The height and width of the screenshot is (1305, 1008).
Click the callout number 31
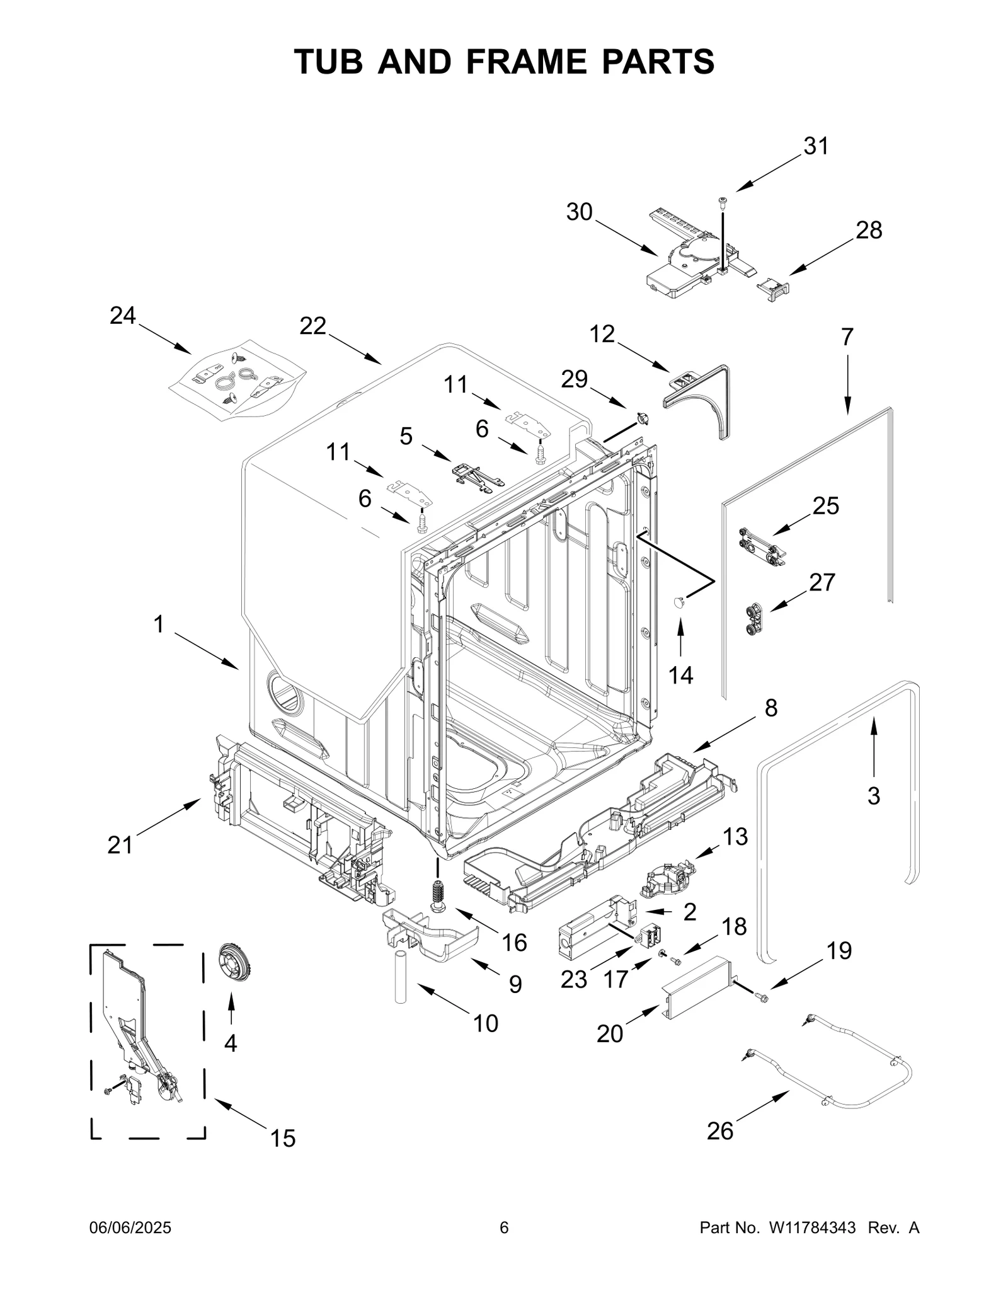816,146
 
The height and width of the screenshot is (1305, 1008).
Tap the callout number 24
123,316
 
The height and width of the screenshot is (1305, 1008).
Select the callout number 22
312,326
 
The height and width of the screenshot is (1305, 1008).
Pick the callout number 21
120,844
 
